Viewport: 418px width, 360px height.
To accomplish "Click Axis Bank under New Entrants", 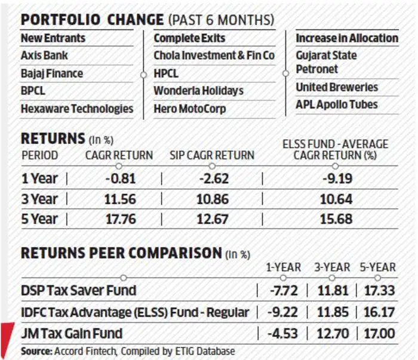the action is tap(44, 56).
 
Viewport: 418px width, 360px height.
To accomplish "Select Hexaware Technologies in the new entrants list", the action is tap(77, 109).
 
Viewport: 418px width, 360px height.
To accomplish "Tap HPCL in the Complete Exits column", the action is tap(166, 73).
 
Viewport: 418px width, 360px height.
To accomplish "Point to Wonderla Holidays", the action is tap(199, 91).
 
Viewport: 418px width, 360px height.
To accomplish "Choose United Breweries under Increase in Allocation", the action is tap(337, 87).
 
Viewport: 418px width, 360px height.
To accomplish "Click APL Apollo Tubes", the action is tap(337, 104).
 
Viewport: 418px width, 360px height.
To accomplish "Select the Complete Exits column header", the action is tap(189, 38).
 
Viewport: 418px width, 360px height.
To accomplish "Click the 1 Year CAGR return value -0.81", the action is tap(121, 179).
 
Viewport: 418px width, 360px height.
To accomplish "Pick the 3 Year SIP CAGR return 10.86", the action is tap(213, 199).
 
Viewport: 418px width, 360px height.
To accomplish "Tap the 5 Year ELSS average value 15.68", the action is tap(336, 219).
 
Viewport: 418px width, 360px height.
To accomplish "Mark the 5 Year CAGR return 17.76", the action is tap(121, 219).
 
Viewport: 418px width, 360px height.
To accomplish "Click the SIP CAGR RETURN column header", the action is tap(212, 155).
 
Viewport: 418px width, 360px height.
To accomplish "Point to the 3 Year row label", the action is tap(39, 199).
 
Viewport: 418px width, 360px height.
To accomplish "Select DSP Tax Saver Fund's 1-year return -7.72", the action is tap(284, 291).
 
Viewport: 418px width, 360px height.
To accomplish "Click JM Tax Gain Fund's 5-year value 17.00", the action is tap(379, 334).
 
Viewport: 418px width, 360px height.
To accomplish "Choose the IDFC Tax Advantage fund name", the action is tap(135, 312).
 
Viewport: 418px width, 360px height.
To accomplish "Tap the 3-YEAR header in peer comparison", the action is tap(332, 267).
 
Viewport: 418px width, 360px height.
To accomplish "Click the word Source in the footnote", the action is tap(37, 351).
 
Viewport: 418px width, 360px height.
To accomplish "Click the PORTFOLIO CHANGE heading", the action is tap(92, 20).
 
